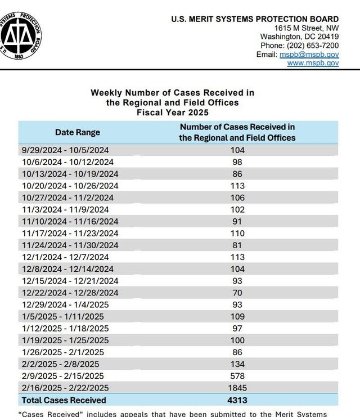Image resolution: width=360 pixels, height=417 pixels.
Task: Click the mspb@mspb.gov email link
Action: [309, 54]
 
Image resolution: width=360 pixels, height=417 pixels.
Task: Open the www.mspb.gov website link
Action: [313, 63]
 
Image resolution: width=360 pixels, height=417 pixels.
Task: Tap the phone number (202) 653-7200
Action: [313, 46]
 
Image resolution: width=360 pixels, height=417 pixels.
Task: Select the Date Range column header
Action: [78, 132]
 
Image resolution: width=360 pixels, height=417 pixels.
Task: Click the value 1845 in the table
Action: [237, 388]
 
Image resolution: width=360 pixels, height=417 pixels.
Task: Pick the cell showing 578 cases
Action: [237, 376]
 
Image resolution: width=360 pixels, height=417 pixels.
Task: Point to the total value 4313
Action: [237, 400]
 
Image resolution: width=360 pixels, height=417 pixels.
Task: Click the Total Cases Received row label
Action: [64, 400]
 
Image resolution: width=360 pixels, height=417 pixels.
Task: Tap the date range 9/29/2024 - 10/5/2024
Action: [65, 150]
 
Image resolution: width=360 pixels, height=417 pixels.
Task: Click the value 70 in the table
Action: [237, 293]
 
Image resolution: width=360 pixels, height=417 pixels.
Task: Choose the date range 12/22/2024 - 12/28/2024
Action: [70, 293]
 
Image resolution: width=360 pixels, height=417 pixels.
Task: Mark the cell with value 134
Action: [237, 364]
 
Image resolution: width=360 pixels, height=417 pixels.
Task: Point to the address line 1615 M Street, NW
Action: [307, 28]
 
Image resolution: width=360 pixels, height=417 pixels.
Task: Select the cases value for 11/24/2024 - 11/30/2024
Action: [237, 245]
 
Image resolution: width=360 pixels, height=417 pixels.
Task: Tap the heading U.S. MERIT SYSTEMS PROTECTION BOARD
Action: [255, 19]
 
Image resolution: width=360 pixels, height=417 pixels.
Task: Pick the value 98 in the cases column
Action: [237, 162]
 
